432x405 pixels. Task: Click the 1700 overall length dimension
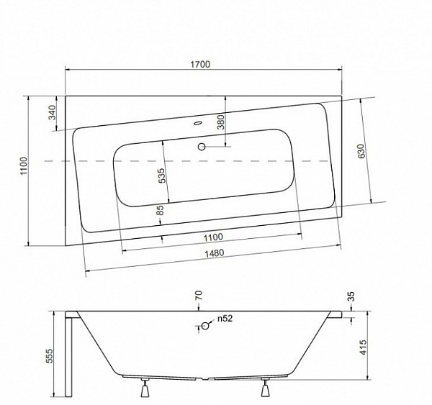[x=200, y=65]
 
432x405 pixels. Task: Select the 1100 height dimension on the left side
[x=24, y=165]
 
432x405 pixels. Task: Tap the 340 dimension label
[x=52, y=113]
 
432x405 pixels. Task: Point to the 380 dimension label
[x=221, y=122]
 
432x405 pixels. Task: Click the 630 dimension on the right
[x=361, y=151]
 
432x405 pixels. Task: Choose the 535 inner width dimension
[x=162, y=176]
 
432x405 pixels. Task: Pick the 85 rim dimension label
[x=160, y=210]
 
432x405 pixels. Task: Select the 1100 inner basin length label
[x=213, y=237]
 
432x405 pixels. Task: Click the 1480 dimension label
[x=214, y=253]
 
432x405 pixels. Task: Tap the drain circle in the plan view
[x=202, y=147]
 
